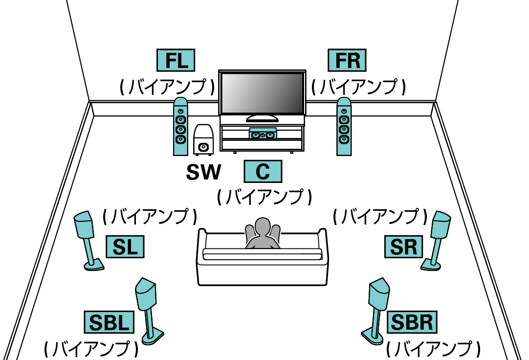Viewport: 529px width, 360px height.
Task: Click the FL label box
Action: (x=176, y=61)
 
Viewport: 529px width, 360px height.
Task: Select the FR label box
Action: (x=347, y=61)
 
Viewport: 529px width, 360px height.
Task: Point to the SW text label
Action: (x=203, y=172)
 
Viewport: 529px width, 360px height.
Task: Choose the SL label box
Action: (x=125, y=246)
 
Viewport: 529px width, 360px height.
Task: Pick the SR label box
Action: (x=403, y=246)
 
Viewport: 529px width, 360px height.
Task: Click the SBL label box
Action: (x=109, y=322)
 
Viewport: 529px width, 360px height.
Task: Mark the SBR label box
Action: (x=412, y=322)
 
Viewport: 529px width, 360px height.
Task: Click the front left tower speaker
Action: (x=180, y=127)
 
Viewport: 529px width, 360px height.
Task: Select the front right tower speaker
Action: (x=344, y=127)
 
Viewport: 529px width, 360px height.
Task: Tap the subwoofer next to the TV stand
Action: (x=203, y=140)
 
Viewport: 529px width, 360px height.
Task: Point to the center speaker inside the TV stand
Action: (x=263, y=134)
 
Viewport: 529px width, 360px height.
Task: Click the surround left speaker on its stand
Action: (x=86, y=227)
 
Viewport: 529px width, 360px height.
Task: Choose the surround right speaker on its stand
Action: (x=441, y=227)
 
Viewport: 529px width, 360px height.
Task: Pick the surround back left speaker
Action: (x=146, y=295)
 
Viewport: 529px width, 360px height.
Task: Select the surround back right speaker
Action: (x=380, y=295)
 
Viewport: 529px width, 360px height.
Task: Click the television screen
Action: (x=262, y=93)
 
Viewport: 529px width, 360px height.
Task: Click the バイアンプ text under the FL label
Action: (x=167, y=87)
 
